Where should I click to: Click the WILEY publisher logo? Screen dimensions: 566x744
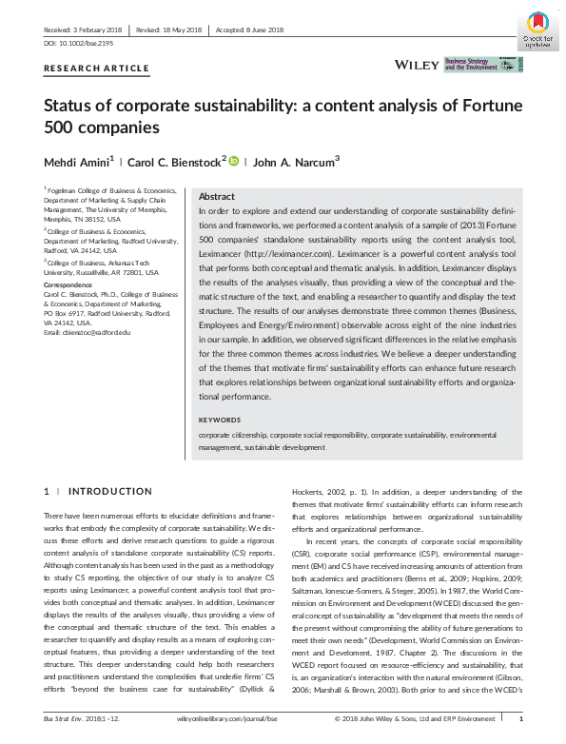click(417, 64)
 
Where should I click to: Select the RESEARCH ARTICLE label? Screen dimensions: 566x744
click(97, 69)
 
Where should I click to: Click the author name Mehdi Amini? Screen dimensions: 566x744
click(78, 161)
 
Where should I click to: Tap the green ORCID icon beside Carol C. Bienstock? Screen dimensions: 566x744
click(234, 161)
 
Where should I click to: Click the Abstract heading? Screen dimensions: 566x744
click(217, 194)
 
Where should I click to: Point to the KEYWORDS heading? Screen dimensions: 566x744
click(220, 420)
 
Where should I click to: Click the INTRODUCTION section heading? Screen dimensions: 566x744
click(111, 492)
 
